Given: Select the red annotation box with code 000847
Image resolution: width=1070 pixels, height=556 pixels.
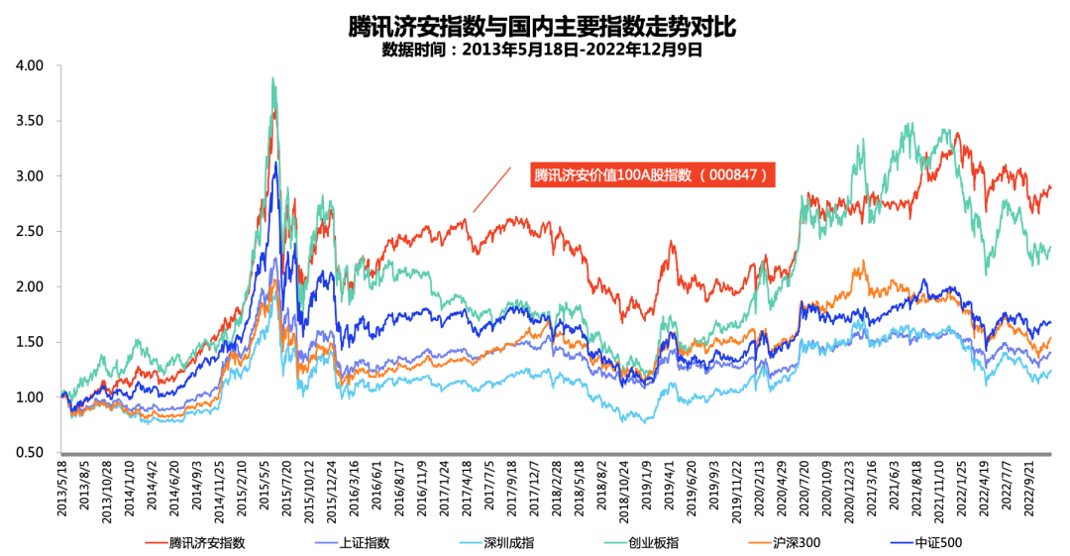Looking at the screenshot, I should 650,175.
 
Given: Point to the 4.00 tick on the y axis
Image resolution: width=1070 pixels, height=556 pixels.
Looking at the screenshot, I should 31,65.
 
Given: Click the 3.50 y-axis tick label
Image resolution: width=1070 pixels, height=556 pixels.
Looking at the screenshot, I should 31,121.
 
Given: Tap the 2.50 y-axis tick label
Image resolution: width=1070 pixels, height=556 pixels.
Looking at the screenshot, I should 31,232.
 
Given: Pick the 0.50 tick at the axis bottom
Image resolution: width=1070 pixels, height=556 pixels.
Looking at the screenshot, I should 31,453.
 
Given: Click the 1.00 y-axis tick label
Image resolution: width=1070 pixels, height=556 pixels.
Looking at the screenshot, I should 31,397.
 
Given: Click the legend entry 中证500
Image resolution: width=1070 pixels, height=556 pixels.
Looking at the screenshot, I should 936,542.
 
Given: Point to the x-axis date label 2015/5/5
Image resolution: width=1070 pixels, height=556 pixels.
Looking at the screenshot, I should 265,487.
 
